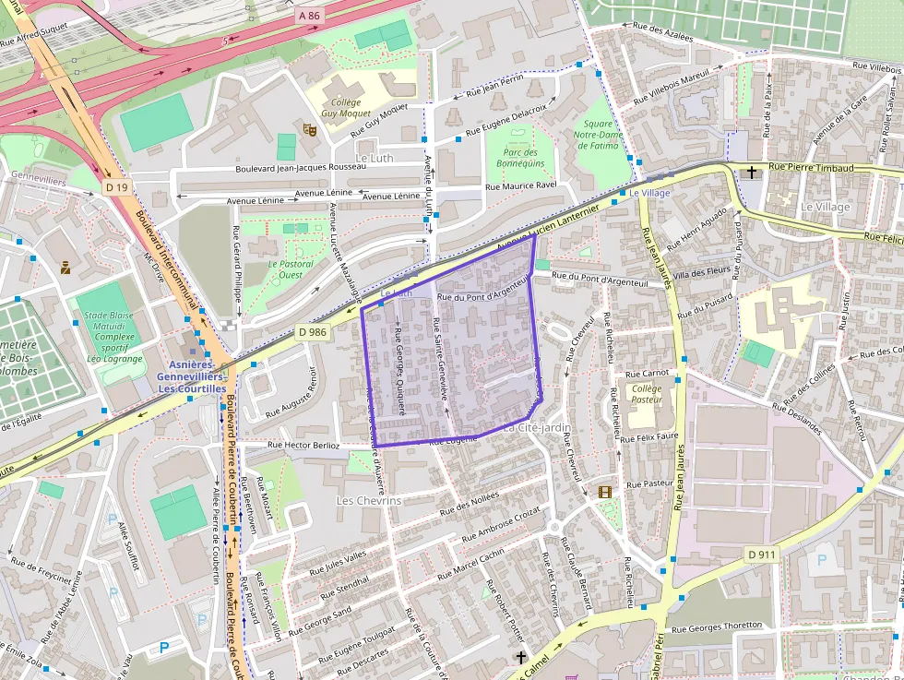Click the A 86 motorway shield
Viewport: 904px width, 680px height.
tap(308, 17)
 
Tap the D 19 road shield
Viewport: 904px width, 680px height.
tap(115, 187)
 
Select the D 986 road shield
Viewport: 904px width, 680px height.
tap(313, 331)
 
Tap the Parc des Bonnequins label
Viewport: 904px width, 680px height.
tap(520, 158)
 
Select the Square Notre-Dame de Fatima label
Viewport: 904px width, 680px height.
tap(597, 135)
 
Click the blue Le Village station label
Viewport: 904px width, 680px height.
tap(650, 193)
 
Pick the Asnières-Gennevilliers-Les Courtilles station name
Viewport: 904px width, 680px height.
tap(191, 377)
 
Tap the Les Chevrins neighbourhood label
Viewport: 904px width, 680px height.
tap(369, 500)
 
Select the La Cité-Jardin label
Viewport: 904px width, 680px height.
tap(537, 427)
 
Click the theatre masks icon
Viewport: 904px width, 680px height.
tap(309, 130)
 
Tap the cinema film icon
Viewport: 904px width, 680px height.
tap(604, 492)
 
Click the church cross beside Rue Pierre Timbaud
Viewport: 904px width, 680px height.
tap(752, 172)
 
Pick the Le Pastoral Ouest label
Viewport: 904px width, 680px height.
tap(291, 269)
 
